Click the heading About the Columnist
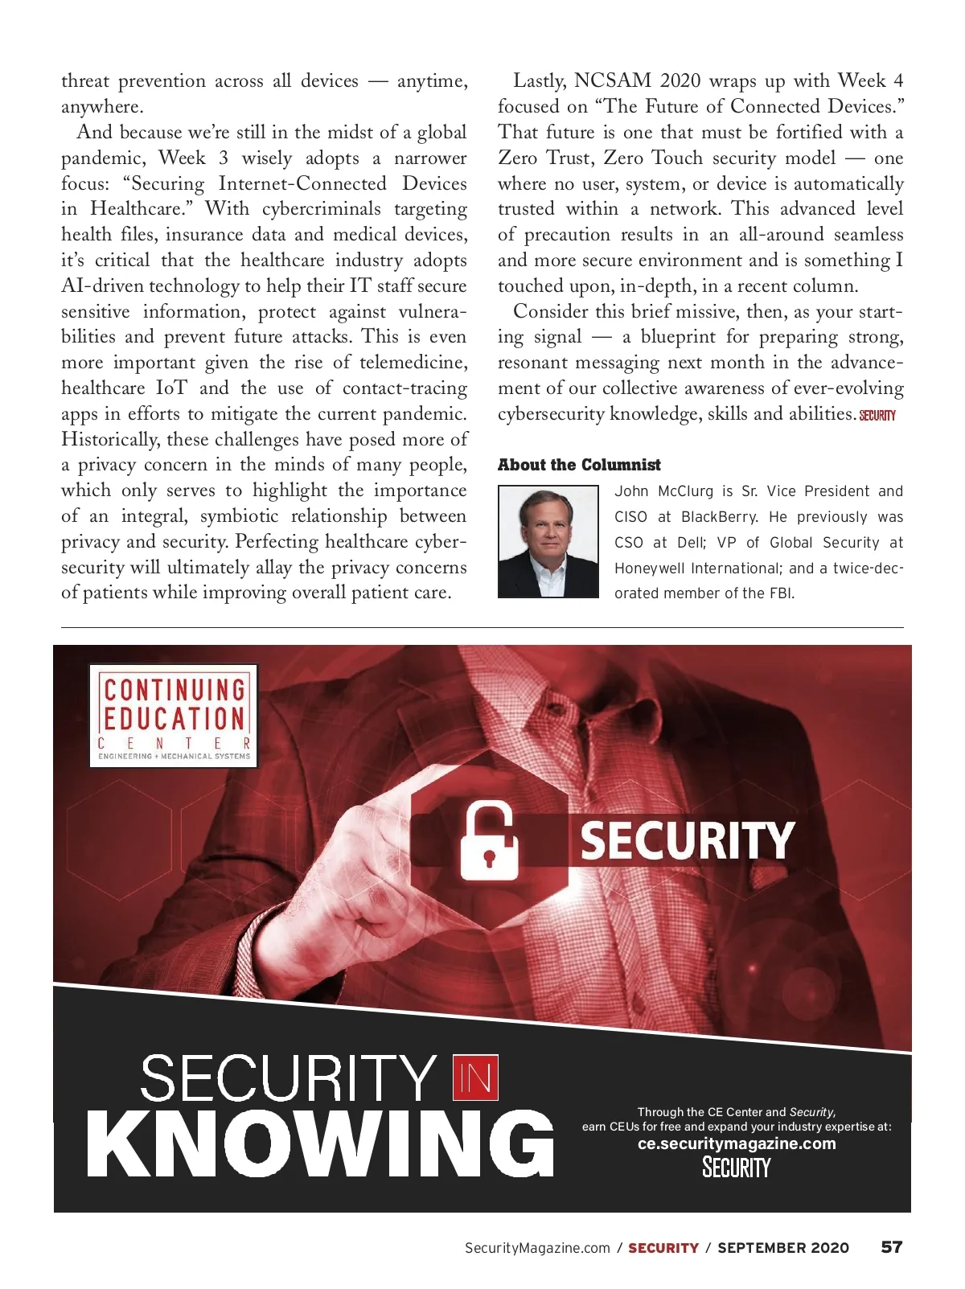(x=579, y=465)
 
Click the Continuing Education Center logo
(x=174, y=716)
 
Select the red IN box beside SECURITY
(x=476, y=1078)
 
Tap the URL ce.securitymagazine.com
(x=737, y=1143)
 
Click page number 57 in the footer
(x=891, y=1247)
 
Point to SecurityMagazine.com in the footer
(x=537, y=1248)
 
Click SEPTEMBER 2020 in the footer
(x=783, y=1248)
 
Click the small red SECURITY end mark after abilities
(x=877, y=416)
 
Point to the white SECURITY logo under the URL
(x=737, y=1168)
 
